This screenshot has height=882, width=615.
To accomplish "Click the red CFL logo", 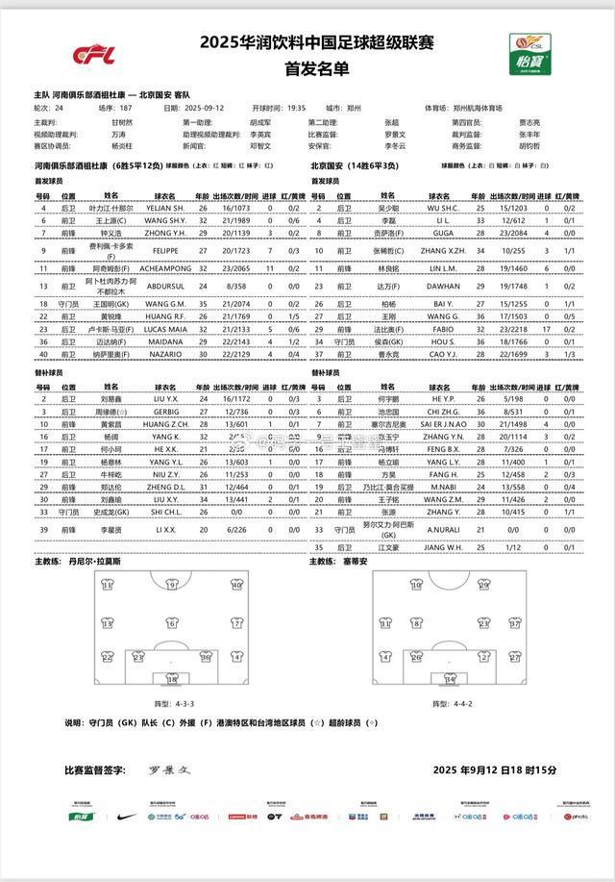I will coord(95,56).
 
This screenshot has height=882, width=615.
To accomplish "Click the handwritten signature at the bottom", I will coord(170,770).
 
